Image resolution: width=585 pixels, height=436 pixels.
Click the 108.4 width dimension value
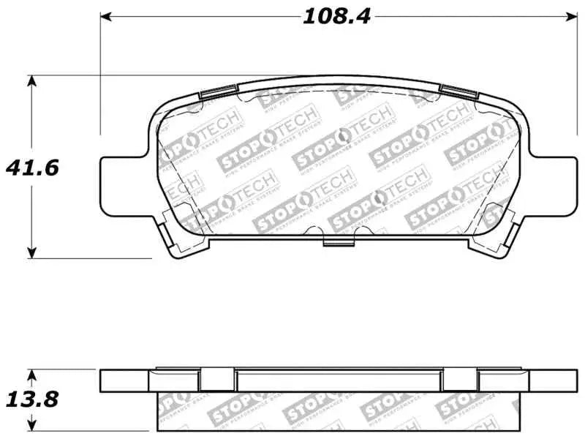point(337,15)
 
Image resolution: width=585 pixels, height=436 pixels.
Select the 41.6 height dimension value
point(31,168)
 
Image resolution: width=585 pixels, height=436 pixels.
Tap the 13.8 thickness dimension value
point(31,400)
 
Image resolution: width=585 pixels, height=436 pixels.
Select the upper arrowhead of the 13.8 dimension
point(31,375)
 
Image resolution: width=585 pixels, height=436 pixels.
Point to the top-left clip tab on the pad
point(217,91)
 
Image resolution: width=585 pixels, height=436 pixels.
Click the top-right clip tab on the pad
point(458,91)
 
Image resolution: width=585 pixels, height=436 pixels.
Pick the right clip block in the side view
point(458,380)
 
